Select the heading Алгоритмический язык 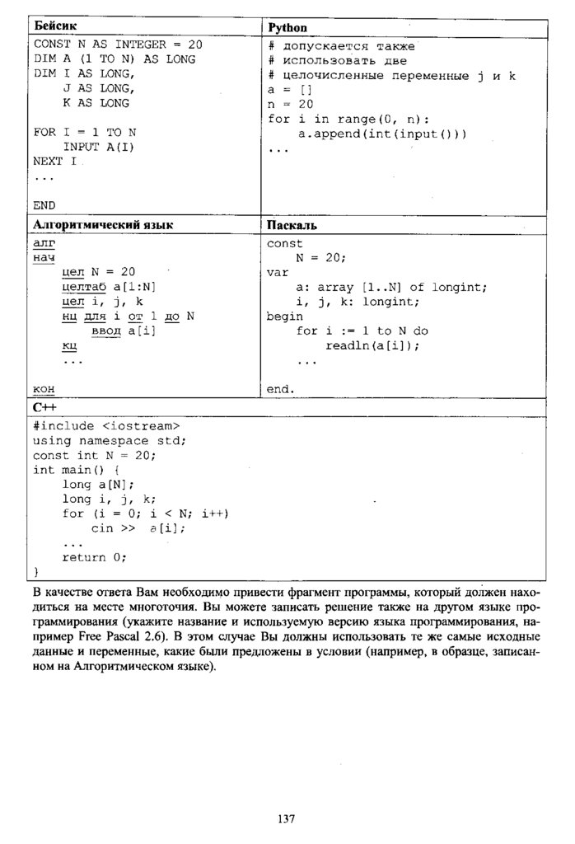click(x=103, y=224)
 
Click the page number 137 click(x=286, y=818)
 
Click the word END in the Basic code click(x=44, y=205)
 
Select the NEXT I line click(x=55, y=161)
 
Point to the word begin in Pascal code click(x=284, y=316)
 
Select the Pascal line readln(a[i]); click(x=372, y=345)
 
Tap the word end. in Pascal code click(x=281, y=388)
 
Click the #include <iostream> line click(x=106, y=425)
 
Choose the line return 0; click(x=94, y=557)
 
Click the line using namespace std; click(x=110, y=440)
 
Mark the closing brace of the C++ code click(x=36, y=571)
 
